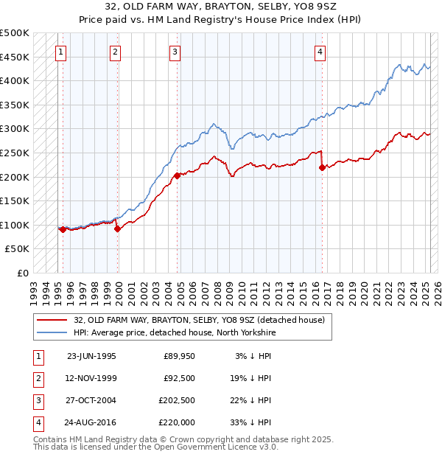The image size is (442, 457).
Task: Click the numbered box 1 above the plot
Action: pos(60,52)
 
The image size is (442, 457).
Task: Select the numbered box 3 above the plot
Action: pos(175,52)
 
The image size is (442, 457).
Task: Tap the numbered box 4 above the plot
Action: pos(320,52)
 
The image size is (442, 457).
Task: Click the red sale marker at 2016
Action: pos(322,167)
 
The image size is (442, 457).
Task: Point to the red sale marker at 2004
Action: pos(178,176)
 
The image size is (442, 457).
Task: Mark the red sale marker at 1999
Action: pos(117,228)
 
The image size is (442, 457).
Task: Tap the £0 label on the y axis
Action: pos(23,273)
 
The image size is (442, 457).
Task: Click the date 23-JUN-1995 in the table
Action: pos(91,356)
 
